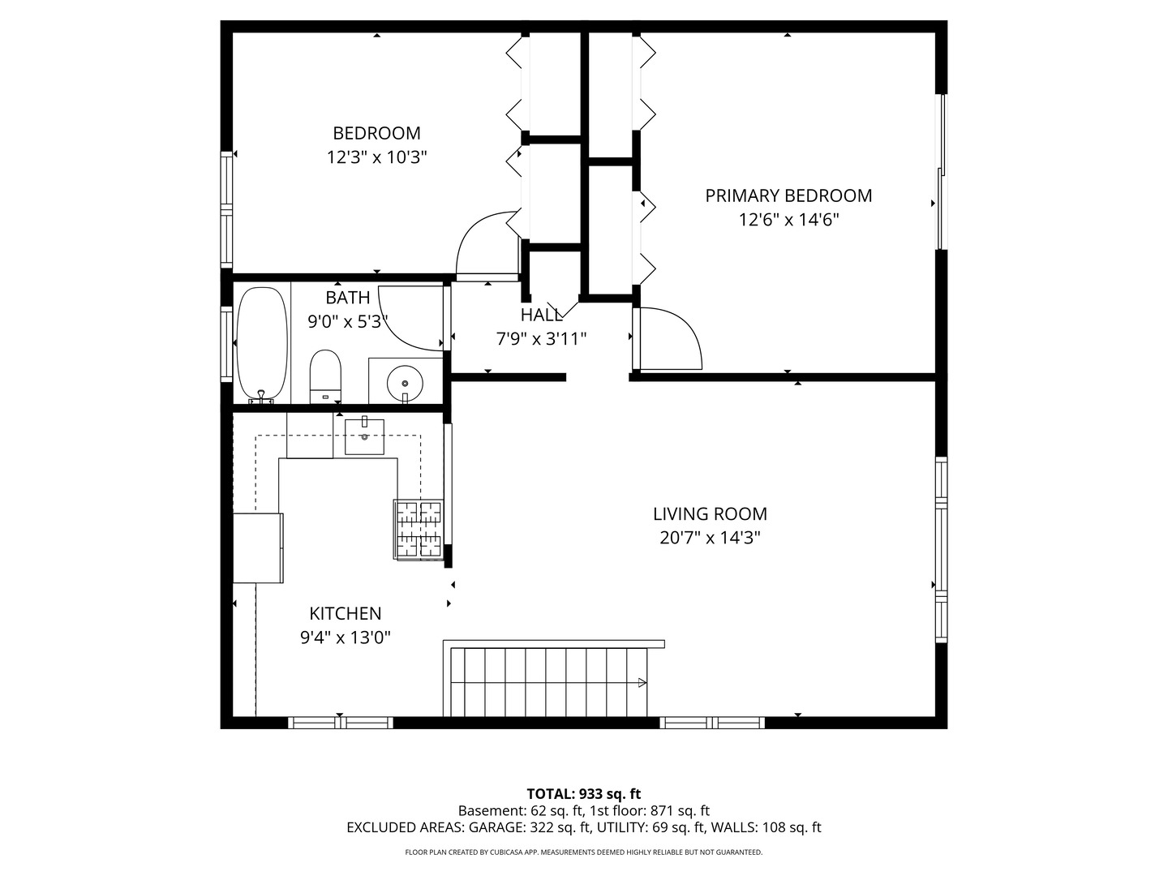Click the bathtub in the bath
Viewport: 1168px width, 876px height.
coord(261,344)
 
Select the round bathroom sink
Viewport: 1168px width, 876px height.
coord(404,381)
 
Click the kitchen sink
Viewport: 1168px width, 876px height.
coord(364,436)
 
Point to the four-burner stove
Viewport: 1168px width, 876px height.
coord(419,529)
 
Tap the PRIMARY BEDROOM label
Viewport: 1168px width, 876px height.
coord(788,195)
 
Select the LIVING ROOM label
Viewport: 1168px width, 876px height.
coord(710,513)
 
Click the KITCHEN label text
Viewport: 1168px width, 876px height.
coord(346,614)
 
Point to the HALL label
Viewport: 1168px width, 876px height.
coord(541,316)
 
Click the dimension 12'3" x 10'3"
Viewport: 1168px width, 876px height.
coord(376,157)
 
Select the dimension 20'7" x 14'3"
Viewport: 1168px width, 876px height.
coord(710,538)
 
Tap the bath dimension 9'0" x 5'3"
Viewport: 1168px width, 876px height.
coord(348,322)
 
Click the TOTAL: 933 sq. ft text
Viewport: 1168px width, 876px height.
coord(583,794)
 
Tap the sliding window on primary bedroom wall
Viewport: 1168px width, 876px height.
coord(941,173)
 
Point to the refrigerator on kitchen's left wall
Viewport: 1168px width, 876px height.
coord(258,547)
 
